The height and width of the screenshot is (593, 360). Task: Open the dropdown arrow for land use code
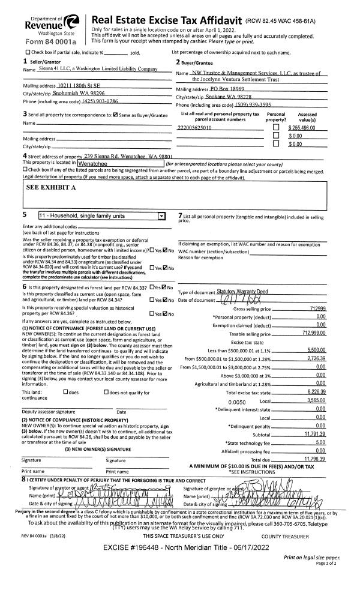160,214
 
